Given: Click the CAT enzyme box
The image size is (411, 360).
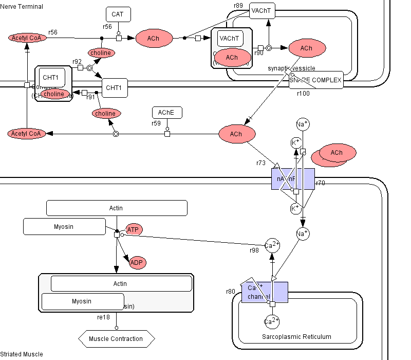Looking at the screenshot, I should coord(118,14).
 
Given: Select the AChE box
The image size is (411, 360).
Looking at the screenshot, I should coord(167,113).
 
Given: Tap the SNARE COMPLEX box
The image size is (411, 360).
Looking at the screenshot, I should coord(315,80).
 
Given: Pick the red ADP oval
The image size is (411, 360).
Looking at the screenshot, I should coord(137,262).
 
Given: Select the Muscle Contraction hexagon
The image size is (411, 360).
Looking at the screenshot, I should coord(116,338).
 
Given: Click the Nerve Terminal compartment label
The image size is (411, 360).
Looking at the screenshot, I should coord(22,6).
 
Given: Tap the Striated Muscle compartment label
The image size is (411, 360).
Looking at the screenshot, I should coord(22,354).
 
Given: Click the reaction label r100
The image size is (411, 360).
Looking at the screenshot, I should coord(303,93).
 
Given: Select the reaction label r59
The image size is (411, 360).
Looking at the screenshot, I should coord(156,123).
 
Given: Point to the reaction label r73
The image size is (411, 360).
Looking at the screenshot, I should coord(261,163).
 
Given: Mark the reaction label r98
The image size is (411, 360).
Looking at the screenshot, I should coord(254,250).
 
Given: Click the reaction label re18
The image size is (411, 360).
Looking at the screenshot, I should coord(103,317).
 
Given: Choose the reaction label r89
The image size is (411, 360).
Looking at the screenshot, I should coord(238,6).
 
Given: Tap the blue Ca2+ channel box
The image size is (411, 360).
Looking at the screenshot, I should coord(265,292).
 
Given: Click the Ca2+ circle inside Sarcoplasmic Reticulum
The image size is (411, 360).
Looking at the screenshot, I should coord(271,322).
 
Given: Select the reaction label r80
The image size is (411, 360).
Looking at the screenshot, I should coord(231,292).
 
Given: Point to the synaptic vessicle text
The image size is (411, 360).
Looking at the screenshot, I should coord(291,68).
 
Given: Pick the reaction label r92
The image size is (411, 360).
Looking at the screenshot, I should coord(77,61).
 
